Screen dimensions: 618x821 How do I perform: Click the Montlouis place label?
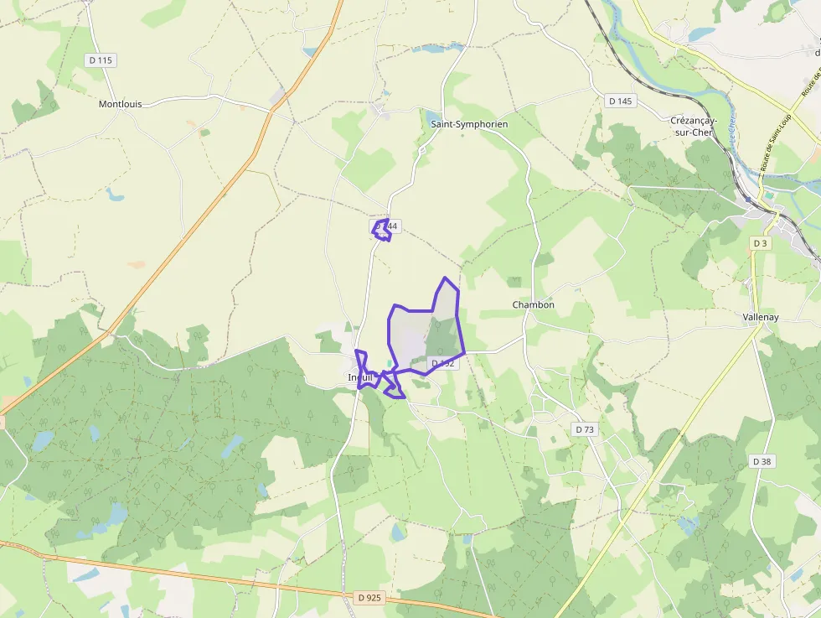tap(120, 105)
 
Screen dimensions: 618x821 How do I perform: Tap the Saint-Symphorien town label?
tap(469, 124)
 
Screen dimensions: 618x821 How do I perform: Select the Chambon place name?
tap(533, 305)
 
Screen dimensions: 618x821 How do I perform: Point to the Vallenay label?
tap(761, 318)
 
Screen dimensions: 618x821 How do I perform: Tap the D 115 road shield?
tap(101, 60)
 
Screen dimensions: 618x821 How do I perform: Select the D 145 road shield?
tap(620, 101)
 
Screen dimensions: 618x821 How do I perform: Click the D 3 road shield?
tap(760, 243)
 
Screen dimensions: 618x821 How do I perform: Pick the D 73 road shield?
tap(585, 429)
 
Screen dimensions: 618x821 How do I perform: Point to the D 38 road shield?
tap(762, 461)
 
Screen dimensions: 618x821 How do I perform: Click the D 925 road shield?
tap(368, 598)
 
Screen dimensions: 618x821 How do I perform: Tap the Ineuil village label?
tap(360, 378)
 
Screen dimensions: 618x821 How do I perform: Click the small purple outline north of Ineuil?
tap(382, 230)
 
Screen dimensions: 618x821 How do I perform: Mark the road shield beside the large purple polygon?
tap(443, 363)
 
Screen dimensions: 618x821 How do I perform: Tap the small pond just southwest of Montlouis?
tap(114, 195)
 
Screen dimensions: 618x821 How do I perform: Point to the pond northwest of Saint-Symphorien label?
tap(431, 117)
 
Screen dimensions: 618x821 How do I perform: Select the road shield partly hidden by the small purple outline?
tap(387, 226)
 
